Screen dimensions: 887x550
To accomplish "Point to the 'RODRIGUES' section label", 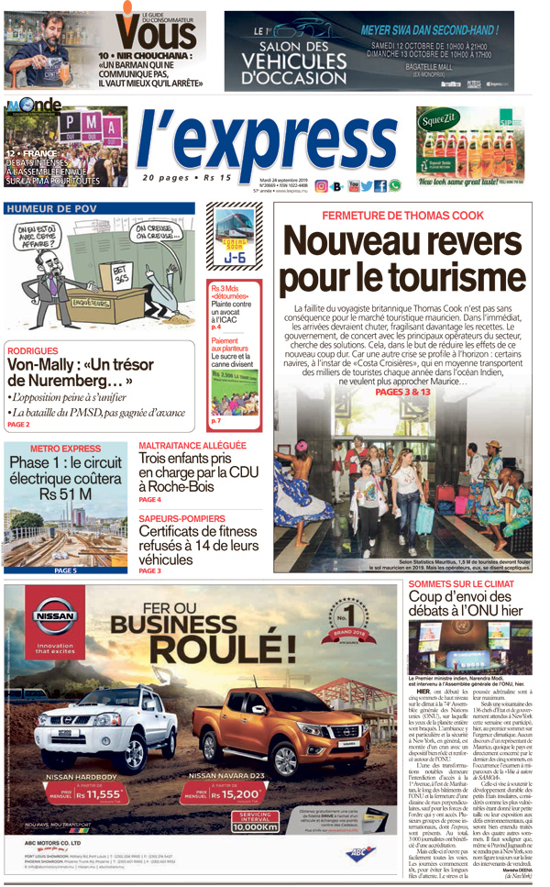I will [33, 351].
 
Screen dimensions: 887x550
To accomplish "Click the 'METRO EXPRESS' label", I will [65, 449].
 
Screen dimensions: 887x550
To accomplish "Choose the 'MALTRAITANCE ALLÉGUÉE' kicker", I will [192, 446].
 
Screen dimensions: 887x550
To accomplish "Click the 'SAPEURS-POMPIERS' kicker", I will [183, 518].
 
